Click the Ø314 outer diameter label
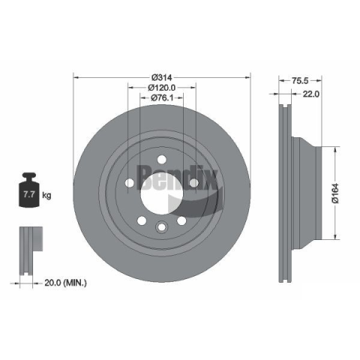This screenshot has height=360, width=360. coord(162,77)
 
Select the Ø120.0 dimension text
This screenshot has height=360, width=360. coord(162,88)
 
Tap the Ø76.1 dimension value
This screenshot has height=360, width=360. coord(162,97)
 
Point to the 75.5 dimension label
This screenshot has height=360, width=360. coord(300,80)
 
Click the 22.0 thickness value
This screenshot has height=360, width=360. coord(311,94)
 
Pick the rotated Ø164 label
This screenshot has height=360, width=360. coord(335,193)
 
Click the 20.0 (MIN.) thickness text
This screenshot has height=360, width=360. coord(65,283)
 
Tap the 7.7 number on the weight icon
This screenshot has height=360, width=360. coord(29,194)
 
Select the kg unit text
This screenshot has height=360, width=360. coord(46,195)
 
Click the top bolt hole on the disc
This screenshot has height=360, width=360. coord(162,159)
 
